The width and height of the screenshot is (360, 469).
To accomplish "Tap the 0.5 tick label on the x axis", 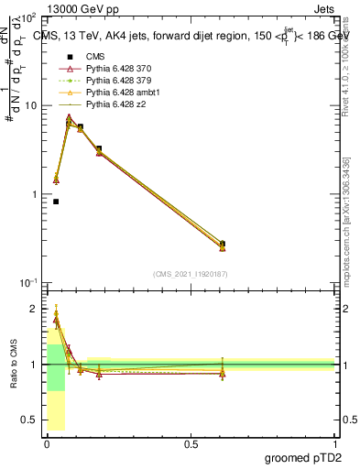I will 191,443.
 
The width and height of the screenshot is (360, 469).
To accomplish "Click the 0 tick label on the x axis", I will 47,443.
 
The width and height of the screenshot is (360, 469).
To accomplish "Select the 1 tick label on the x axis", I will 334,443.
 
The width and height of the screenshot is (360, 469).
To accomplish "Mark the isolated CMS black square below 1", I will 56,202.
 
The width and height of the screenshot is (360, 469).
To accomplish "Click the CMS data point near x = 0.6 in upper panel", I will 223,244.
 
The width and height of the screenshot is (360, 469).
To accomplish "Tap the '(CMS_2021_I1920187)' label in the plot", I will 191,273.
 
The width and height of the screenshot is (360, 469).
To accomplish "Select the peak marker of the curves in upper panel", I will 69,119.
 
